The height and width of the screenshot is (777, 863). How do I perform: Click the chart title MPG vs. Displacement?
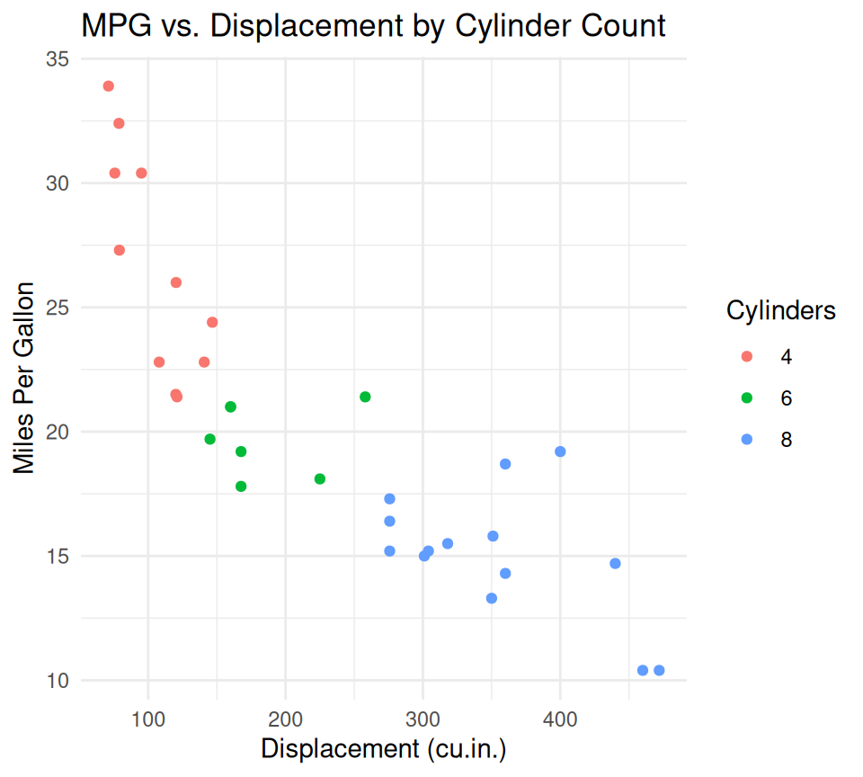373,25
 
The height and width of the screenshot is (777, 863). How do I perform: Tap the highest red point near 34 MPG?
109,86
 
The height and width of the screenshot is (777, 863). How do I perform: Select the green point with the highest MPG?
365,397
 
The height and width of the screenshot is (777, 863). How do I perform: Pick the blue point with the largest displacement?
659,670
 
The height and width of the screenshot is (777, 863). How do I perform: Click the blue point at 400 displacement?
560,451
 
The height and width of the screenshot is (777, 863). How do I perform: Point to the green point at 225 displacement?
320,478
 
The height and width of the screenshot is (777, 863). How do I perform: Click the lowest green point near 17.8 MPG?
241,487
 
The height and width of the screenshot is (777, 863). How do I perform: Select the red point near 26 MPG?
176,282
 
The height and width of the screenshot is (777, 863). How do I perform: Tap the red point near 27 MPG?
120,250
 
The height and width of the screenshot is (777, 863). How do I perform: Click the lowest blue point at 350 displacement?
492,598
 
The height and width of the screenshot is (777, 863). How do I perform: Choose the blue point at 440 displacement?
615,564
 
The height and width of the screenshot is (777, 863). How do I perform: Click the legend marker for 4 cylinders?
746,357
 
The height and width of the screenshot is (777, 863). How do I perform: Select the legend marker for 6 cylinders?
746,398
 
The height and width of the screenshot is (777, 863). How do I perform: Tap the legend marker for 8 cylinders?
746,440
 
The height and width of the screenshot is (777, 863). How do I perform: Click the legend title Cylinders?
781,310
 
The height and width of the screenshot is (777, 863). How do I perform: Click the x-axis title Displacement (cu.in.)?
384,749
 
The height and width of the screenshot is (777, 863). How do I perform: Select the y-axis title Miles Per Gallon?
24,378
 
